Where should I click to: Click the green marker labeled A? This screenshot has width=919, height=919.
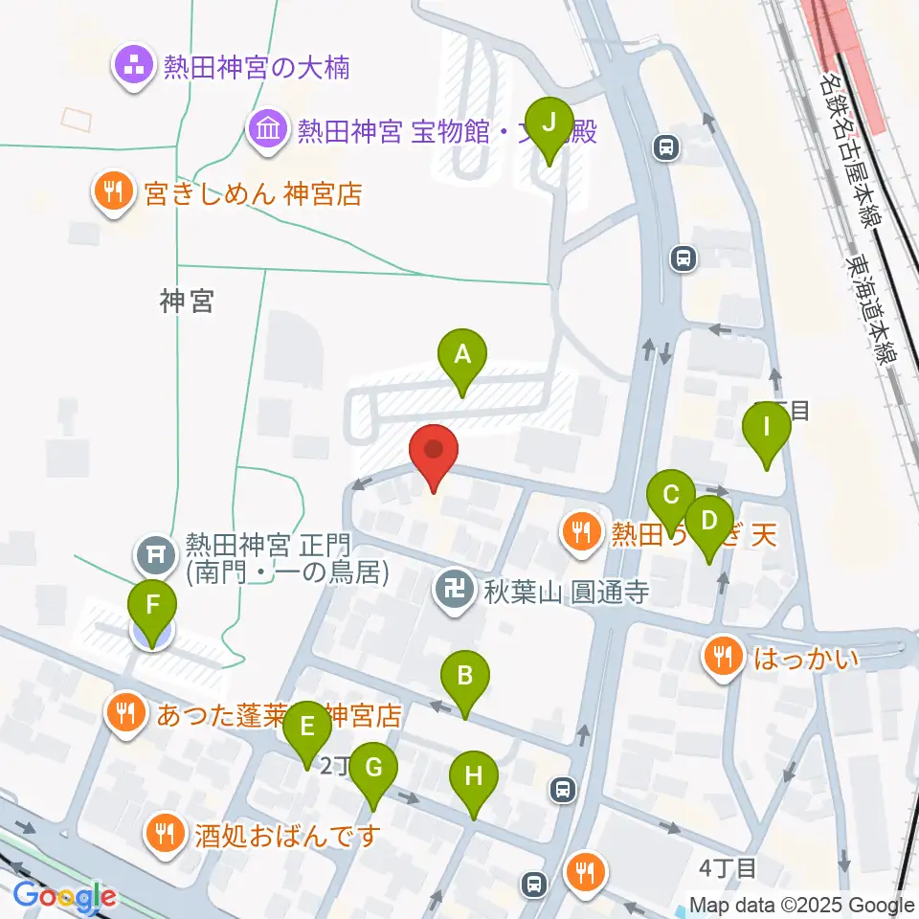pos(462,355)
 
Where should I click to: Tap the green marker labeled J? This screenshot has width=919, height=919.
pos(549,123)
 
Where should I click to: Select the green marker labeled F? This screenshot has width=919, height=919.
pos(153,605)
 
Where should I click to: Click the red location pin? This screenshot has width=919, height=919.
pos(434,451)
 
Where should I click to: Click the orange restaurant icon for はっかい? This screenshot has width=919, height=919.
pos(720,657)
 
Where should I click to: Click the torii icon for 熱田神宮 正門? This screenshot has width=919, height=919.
pos(154,552)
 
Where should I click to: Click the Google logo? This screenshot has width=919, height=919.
pos(64,897)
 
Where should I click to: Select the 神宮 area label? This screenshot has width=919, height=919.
pos(187,303)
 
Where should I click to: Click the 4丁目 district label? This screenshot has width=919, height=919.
pos(728,868)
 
